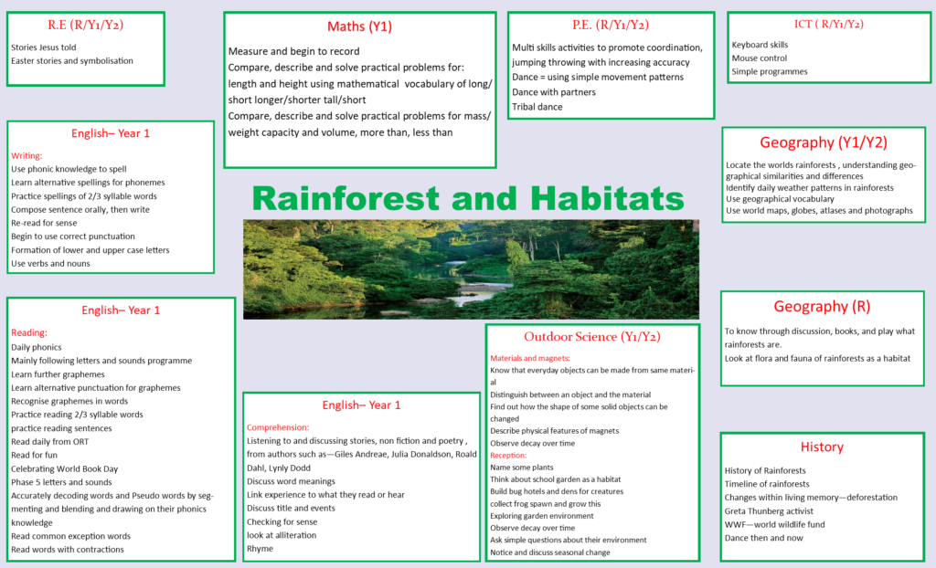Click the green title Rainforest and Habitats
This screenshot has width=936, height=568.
[x=468, y=197]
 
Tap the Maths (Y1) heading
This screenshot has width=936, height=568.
[x=359, y=26]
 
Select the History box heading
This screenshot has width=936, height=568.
[x=821, y=447]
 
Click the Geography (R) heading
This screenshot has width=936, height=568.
[x=821, y=307]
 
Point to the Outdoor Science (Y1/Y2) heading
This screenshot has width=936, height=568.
[x=591, y=337]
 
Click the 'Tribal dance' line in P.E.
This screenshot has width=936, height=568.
[x=537, y=107]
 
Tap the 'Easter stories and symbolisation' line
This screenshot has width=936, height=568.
[x=72, y=61]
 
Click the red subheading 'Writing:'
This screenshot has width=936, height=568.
[x=27, y=155]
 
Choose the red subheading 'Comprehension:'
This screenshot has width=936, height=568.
[x=278, y=426]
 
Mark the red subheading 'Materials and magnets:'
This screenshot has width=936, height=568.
[x=530, y=358]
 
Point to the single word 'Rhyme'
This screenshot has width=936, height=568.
[x=260, y=549]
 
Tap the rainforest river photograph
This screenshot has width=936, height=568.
[x=471, y=268]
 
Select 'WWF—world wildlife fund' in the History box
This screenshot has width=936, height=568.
[x=775, y=524]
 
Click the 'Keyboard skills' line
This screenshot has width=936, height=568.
[x=760, y=44]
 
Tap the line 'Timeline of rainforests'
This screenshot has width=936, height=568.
[x=767, y=484]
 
